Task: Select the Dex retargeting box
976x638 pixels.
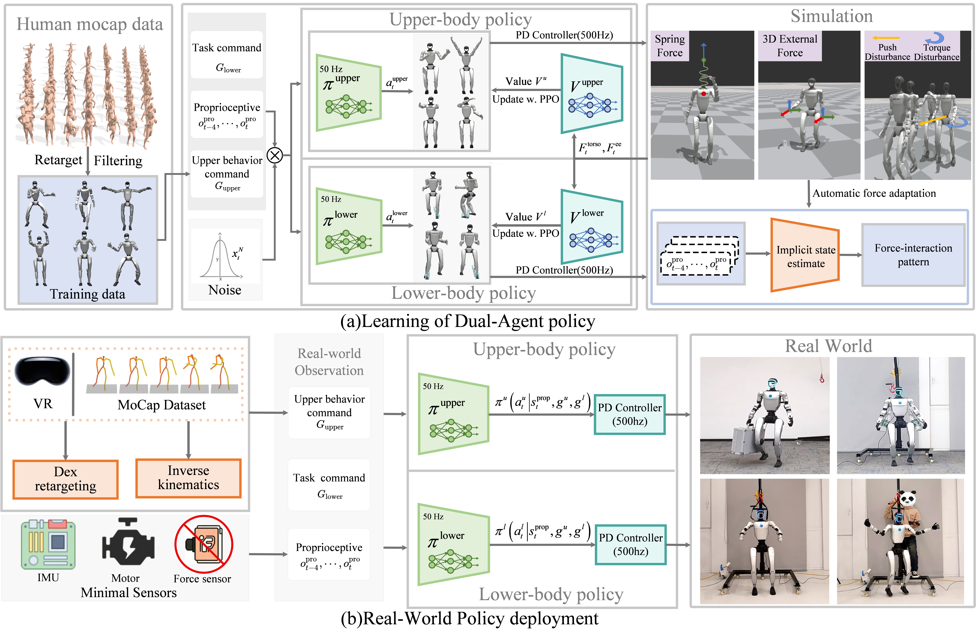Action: click(x=66, y=479)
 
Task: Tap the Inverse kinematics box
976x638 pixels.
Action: click(x=188, y=478)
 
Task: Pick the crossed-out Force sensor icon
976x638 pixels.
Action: click(x=204, y=544)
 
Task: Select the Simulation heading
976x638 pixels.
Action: click(x=831, y=16)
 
